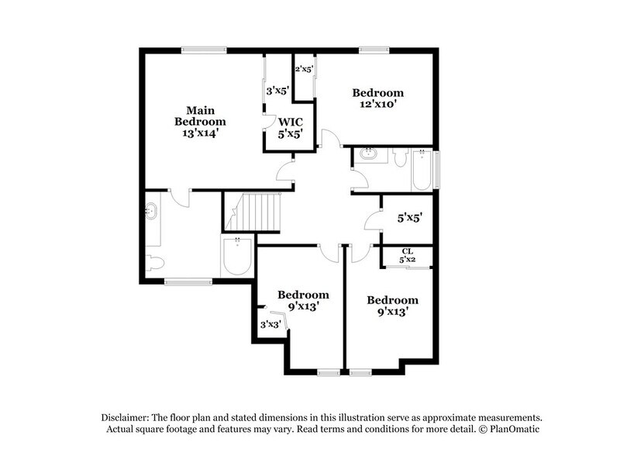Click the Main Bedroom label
[x=200, y=116]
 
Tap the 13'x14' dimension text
[x=200, y=133]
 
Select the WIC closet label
[x=290, y=123]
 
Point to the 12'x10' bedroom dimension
[x=377, y=105]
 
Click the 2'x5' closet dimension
[x=303, y=70]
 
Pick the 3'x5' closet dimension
[x=277, y=91]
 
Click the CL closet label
[x=408, y=250]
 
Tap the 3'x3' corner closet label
[x=270, y=324]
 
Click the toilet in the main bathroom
[x=155, y=263]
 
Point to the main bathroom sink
[x=151, y=211]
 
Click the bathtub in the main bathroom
[x=237, y=256]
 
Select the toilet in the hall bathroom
[x=400, y=158]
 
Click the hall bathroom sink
[x=369, y=155]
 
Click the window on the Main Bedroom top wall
[x=204, y=51]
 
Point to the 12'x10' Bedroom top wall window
[x=373, y=51]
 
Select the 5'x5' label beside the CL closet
[x=409, y=218]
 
